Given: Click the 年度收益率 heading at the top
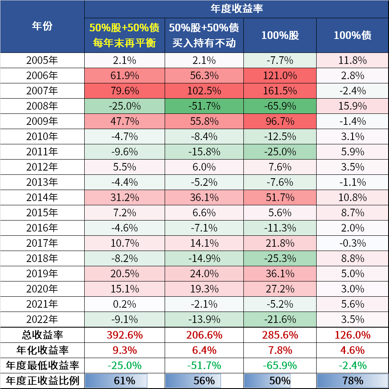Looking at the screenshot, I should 236,8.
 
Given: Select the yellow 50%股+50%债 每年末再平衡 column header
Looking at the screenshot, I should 124,35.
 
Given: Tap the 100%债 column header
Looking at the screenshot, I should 352,35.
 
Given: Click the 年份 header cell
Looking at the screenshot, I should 42,26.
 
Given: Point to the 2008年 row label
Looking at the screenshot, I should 42,106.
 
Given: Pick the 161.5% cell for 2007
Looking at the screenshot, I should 280,91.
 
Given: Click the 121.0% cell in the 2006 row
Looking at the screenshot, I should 280,76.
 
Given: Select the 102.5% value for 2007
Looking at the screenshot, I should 204,91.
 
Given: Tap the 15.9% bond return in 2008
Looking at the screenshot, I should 352,106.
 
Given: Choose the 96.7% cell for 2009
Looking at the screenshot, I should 280,121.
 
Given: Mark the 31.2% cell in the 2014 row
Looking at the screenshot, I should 124,198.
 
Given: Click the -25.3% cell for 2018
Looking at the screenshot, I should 280,258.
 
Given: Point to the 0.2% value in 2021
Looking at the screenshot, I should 124,304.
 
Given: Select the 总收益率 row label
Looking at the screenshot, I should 42,335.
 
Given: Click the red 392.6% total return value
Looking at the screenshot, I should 124,335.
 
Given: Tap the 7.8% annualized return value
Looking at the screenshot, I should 280,350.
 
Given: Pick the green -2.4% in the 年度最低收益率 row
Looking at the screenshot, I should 352,365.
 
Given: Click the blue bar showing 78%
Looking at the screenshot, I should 352,381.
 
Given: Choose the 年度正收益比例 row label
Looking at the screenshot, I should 42,381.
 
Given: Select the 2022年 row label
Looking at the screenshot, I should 42,319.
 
